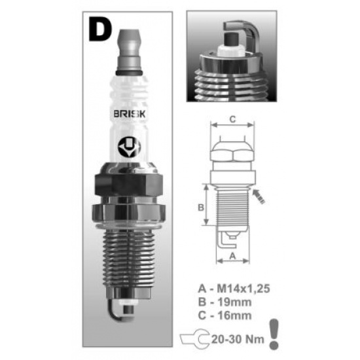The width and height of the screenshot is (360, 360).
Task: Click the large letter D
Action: pyautogui.click(x=99, y=29)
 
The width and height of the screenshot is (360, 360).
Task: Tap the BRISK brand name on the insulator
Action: pyautogui.click(x=129, y=114)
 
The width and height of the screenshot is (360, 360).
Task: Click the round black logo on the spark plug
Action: pyautogui.click(x=129, y=147)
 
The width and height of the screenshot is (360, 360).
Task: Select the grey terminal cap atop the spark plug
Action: pyautogui.click(x=129, y=52)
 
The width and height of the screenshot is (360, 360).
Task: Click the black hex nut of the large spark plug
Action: pyautogui.click(x=128, y=185)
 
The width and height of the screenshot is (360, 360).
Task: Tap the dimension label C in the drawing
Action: pyautogui.click(x=232, y=119)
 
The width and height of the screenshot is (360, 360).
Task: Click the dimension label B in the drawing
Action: pyautogui.click(x=201, y=207)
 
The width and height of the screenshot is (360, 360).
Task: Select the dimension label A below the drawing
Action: pyautogui.click(x=233, y=256)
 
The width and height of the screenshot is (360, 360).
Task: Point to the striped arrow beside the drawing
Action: pyautogui.click(x=259, y=196)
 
